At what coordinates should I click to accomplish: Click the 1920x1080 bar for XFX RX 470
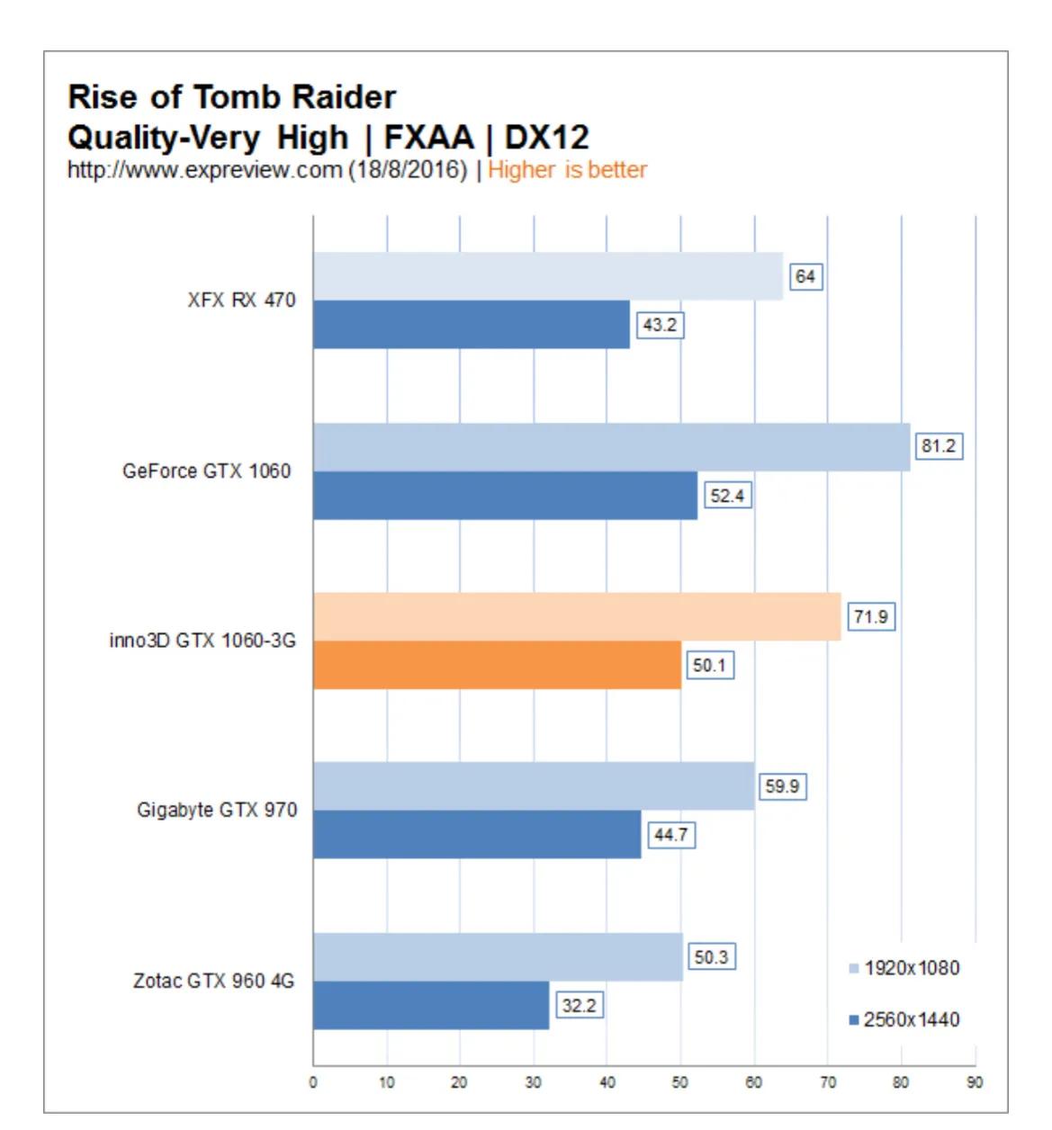547,276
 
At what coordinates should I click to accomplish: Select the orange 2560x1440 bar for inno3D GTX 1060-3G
497,665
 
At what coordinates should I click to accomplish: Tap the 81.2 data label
938,446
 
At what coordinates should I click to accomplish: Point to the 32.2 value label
579,1005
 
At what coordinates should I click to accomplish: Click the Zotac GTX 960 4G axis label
213,981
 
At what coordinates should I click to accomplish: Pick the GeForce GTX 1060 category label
206,471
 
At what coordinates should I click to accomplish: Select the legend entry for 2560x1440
904,1019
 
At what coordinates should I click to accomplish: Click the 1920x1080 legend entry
904,968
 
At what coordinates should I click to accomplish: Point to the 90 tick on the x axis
975,1082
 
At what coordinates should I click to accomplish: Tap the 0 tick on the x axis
313,1082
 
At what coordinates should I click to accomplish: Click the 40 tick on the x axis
607,1082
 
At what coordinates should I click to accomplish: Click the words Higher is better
567,170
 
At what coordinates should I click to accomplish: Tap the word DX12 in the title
546,138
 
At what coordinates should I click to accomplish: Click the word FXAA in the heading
428,138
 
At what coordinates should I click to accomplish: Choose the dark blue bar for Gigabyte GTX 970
477,834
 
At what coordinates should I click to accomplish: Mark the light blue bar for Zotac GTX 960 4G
498,957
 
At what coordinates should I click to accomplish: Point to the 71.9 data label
870,617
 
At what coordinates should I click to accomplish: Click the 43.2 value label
660,325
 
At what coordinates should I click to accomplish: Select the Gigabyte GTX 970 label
216,810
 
